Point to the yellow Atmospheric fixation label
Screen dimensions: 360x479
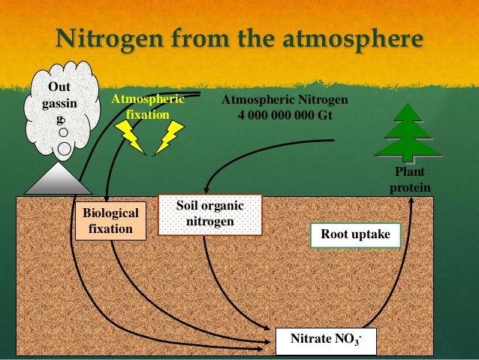[147, 107]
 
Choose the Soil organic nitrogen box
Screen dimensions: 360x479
[210, 213]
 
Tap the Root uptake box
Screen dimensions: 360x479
[355, 234]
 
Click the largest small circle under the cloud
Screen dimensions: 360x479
[65, 149]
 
